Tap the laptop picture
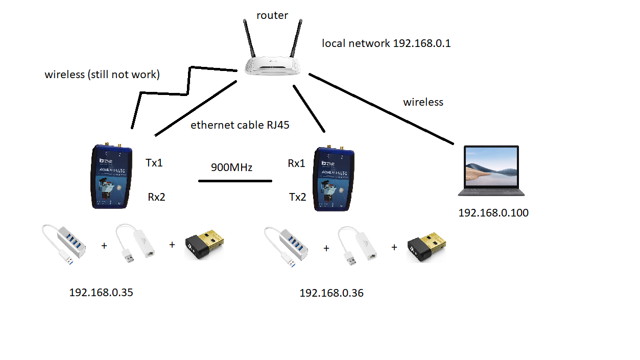[491, 171]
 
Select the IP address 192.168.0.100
[493, 213]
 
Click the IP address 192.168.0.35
[101, 293]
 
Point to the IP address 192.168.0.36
[331, 293]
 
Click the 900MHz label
[231, 167]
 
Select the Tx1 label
[154, 163]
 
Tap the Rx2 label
[156, 197]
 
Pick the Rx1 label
[296, 163]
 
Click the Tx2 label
[297, 197]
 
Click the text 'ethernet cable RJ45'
[240, 125]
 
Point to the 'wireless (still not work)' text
[102, 75]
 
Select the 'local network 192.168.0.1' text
[386, 43]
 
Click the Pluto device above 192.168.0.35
[111, 176]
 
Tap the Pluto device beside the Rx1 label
[334, 178]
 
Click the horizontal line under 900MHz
[235, 181]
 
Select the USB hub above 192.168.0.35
[64, 244]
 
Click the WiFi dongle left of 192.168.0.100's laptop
[426, 246]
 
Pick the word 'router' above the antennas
[272, 15]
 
